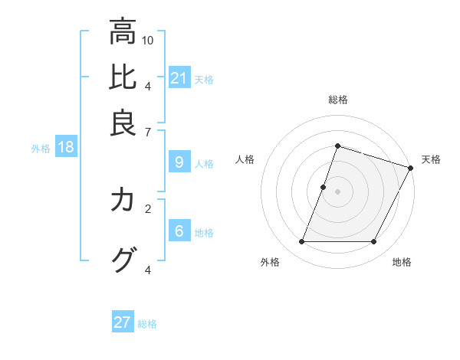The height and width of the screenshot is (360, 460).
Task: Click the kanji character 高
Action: (x=122, y=32)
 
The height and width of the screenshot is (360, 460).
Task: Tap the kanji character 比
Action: (x=122, y=77)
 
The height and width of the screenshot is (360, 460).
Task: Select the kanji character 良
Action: (x=122, y=123)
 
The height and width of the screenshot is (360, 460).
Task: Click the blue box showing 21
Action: (x=179, y=78)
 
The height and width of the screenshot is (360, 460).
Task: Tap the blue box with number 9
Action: (x=179, y=162)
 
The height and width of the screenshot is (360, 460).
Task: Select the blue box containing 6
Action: (x=179, y=231)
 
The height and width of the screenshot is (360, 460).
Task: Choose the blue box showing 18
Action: (x=65, y=148)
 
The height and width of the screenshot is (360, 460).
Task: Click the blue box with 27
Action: (x=122, y=322)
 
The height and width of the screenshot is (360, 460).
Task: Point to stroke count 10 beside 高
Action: (x=148, y=40)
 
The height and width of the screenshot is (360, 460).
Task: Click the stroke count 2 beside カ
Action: (x=148, y=208)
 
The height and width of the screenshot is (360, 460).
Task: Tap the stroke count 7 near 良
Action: (x=148, y=131)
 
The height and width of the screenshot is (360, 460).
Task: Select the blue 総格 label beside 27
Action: (x=147, y=324)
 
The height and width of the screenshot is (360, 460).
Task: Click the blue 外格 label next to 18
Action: (x=40, y=149)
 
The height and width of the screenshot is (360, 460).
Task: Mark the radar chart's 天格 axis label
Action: (x=431, y=159)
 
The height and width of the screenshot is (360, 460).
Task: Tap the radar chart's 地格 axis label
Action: (x=402, y=262)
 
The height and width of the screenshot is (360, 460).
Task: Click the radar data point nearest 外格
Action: (x=301, y=242)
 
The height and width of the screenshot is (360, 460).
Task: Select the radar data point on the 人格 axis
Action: (x=324, y=186)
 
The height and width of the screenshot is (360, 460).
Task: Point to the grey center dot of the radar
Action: (x=337, y=191)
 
